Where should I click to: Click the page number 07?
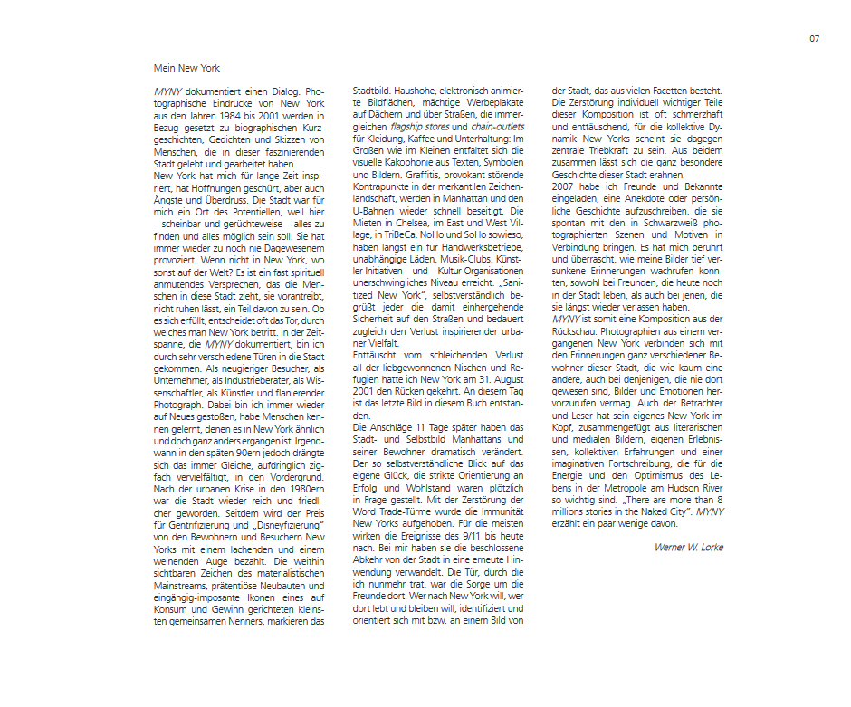point(814,38)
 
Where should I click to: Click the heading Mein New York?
point(186,68)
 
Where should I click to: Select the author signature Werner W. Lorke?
point(689,548)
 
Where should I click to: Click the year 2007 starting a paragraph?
point(565,186)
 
